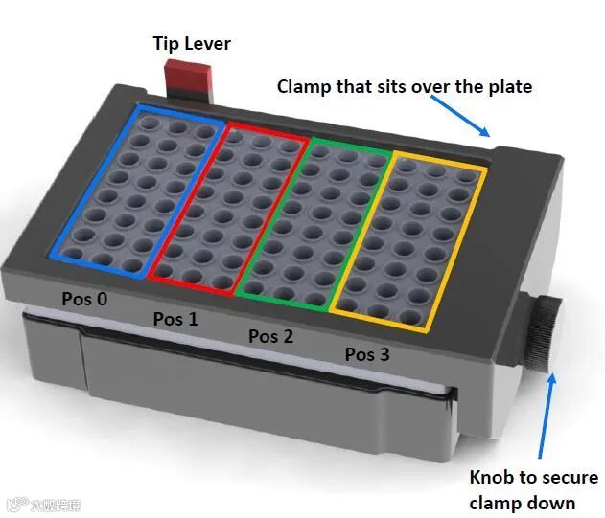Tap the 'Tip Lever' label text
[192, 43]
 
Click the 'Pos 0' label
[84, 299]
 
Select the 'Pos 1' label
[175, 318]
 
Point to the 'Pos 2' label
[270, 336]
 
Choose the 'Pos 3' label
[367, 354]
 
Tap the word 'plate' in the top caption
[508, 86]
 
